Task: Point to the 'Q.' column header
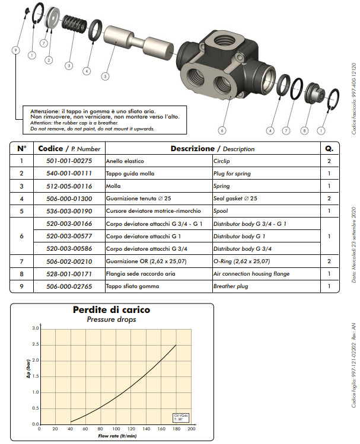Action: click(x=330, y=148)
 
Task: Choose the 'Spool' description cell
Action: click(x=221, y=211)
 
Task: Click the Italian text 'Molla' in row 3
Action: click(x=113, y=186)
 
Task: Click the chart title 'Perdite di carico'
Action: click(x=111, y=309)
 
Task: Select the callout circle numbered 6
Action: click(x=222, y=130)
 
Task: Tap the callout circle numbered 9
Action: click(x=15, y=50)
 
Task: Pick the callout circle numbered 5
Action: click(x=105, y=76)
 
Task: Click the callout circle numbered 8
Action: click(x=304, y=130)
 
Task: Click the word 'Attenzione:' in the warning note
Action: click(x=44, y=111)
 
